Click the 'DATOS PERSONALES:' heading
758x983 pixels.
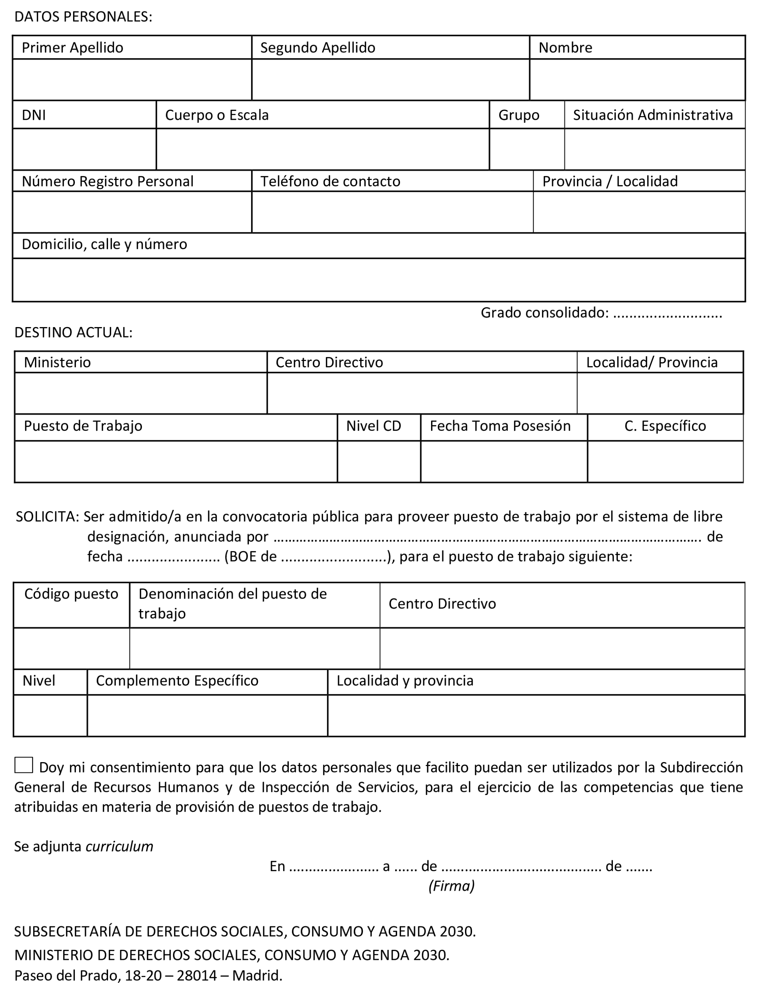coord(83,17)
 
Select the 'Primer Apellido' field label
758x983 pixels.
coord(72,48)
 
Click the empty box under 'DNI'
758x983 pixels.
coord(84,149)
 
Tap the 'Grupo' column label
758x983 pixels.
coord(518,115)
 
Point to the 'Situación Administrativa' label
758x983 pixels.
coord(652,115)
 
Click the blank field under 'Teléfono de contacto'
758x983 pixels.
coord(392,212)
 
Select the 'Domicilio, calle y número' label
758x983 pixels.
coord(104,244)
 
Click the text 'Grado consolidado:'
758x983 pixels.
coord(544,312)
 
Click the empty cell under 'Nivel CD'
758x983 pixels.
coord(378,461)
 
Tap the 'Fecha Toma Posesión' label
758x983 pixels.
coord(500,426)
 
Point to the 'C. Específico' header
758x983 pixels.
coord(665,426)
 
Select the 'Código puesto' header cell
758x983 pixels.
coord(71,594)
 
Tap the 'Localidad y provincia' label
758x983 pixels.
coord(405,681)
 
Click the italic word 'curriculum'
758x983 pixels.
coord(119,847)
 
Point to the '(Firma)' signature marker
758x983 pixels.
coord(451,886)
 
